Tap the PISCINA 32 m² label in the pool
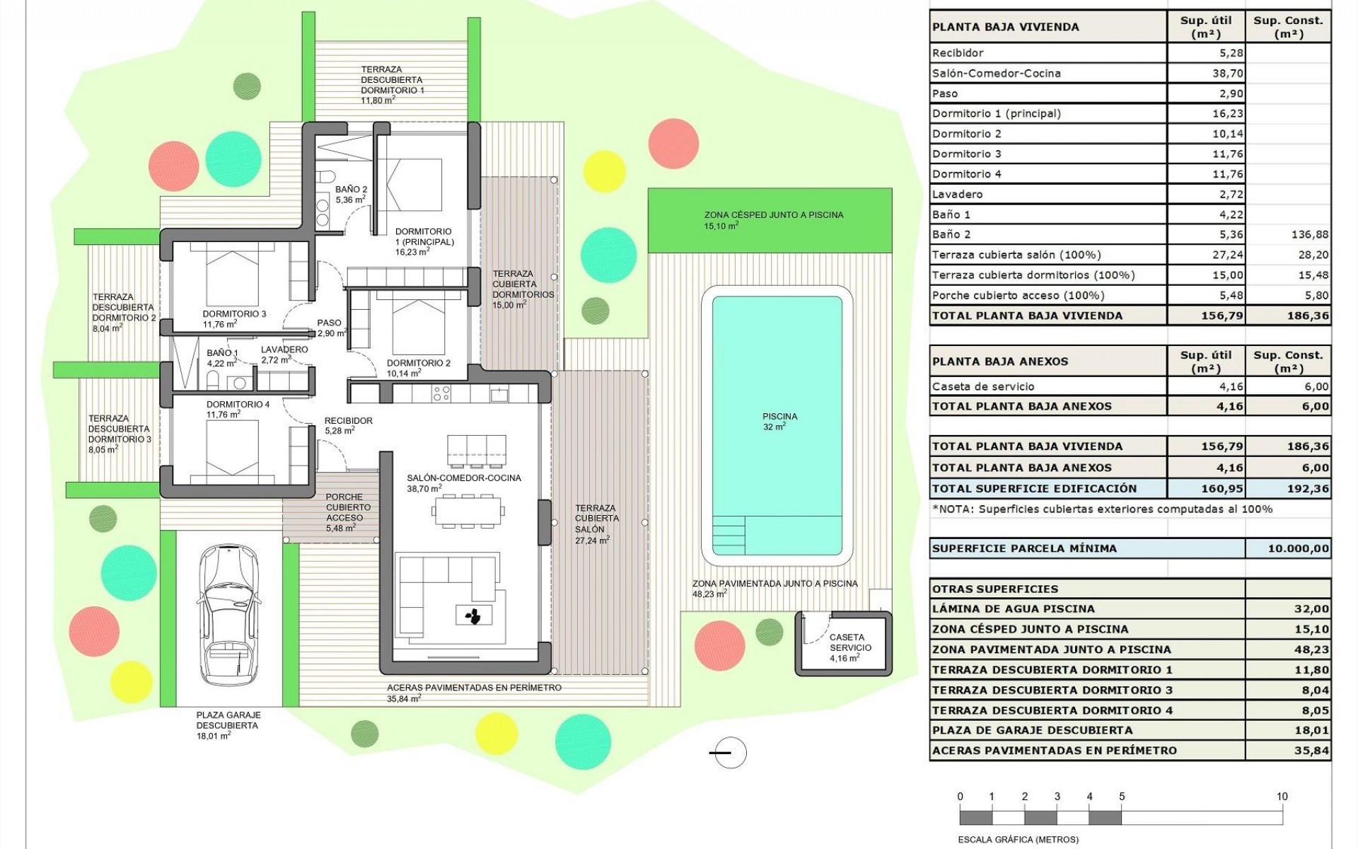pyautogui.click(x=779, y=422)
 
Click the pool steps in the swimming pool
pyautogui.click(x=729, y=536)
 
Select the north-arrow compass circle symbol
pyautogui.click(x=729, y=753)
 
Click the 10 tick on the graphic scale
pyautogui.click(x=1282, y=797)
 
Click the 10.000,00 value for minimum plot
pyautogui.click(x=1298, y=548)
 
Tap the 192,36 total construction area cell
pyautogui.click(x=1307, y=488)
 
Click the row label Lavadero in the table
pyautogui.click(x=957, y=194)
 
